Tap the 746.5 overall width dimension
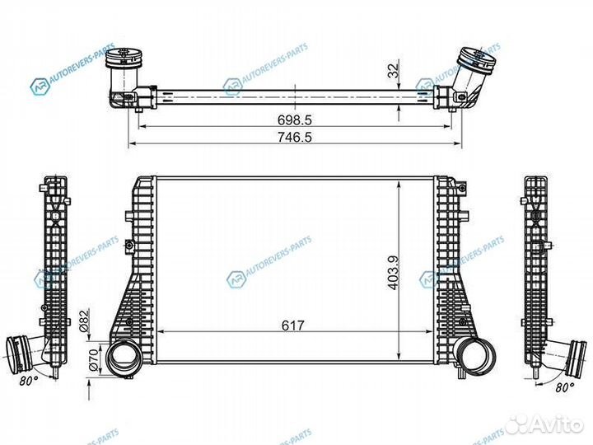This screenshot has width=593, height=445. point(293,138)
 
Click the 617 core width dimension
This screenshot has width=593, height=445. point(293,325)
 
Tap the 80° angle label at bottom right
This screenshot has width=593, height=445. point(565,386)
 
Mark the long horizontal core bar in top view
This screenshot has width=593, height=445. point(293,96)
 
